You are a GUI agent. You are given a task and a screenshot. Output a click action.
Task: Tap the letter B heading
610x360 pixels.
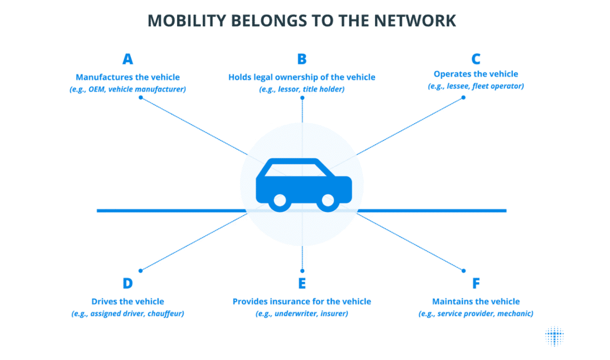pyautogui.click(x=302, y=59)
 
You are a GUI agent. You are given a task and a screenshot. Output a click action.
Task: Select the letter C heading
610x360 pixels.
pyautogui.click(x=476, y=59)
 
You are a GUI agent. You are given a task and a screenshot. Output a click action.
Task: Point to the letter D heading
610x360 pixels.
pyautogui.click(x=128, y=283)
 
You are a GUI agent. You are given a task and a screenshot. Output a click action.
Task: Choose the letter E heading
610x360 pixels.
pyautogui.click(x=302, y=283)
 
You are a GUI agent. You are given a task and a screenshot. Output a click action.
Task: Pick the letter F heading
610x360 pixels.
pyautogui.click(x=476, y=283)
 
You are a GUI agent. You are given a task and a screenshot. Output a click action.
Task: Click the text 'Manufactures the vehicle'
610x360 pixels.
pyautogui.click(x=128, y=77)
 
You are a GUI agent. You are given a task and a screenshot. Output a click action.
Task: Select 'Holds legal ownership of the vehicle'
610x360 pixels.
pyautogui.click(x=302, y=77)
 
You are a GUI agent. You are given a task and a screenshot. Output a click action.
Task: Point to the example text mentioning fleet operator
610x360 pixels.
pyautogui.click(x=476, y=86)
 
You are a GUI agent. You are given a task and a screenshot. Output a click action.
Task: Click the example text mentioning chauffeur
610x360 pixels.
pyautogui.click(x=128, y=314)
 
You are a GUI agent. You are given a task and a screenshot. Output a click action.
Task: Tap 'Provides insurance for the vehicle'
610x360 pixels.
pyautogui.click(x=302, y=302)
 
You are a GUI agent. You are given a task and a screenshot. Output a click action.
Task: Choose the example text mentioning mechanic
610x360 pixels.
pyautogui.click(x=476, y=314)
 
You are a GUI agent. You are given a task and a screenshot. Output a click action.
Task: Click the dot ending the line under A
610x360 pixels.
pyautogui.click(x=140, y=98)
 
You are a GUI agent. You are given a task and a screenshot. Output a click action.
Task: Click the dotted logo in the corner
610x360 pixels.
pyautogui.click(x=554, y=335)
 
